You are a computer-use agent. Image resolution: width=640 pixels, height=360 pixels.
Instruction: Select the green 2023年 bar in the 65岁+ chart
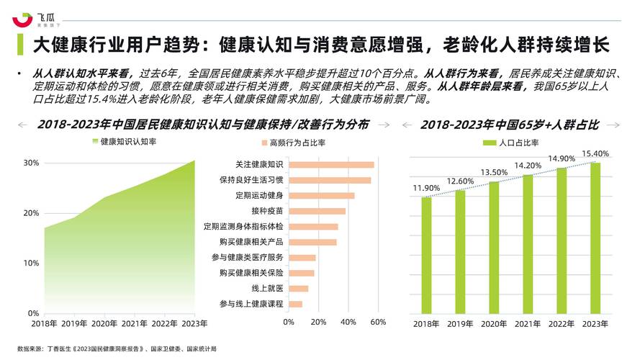tap(595, 238)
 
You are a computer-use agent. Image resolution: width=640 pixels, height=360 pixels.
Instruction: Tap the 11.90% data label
tap(426, 189)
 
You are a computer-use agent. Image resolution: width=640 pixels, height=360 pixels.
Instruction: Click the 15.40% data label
tap(595, 153)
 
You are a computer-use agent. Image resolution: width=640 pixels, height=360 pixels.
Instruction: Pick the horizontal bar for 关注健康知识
tap(331, 165)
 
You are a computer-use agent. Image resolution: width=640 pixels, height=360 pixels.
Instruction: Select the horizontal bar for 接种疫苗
tap(317, 211)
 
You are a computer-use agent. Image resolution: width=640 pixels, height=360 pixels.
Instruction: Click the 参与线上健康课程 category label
tap(251, 304)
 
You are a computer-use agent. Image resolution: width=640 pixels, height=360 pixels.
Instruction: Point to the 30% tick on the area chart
tap(31, 163)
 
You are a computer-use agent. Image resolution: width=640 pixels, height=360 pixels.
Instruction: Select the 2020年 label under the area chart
tap(104, 323)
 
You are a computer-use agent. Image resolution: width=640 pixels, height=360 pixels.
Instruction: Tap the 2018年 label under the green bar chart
tap(426, 324)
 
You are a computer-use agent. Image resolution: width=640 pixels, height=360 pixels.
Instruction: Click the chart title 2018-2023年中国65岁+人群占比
tap(510, 125)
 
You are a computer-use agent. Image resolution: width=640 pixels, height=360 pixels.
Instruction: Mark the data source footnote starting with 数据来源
tap(116, 348)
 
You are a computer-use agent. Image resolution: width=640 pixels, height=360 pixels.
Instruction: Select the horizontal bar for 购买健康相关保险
tap(302, 273)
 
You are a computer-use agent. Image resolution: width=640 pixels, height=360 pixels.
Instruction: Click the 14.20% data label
tap(528, 166)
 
